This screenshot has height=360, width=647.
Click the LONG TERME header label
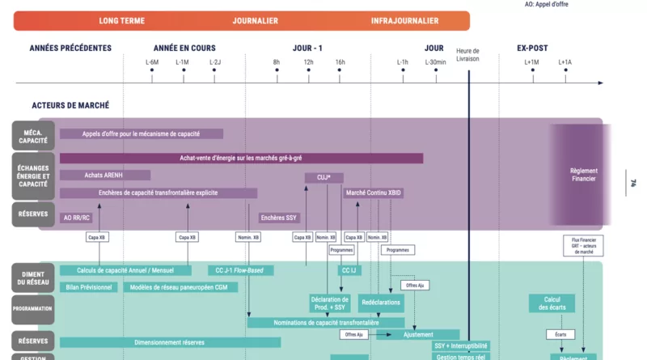click(121, 21)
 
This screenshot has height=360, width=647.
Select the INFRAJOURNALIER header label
click(404, 21)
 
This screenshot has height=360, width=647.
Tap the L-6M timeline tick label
click(152, 62)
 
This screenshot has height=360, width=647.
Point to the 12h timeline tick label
click(308, 62)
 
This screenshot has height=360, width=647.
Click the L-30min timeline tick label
click(436, 62)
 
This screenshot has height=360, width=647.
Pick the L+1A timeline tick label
click(564, 62)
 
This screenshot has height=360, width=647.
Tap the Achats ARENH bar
click(104, 175)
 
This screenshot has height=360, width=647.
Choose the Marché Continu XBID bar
click(373, 193)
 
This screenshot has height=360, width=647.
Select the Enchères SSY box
click(279, 218)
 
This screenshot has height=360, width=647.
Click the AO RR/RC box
click(78, 218)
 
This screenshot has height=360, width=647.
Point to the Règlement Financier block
click(582, 175)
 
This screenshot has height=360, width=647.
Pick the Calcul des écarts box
click(552, 303)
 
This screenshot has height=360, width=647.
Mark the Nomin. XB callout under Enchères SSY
click(247, 238)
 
